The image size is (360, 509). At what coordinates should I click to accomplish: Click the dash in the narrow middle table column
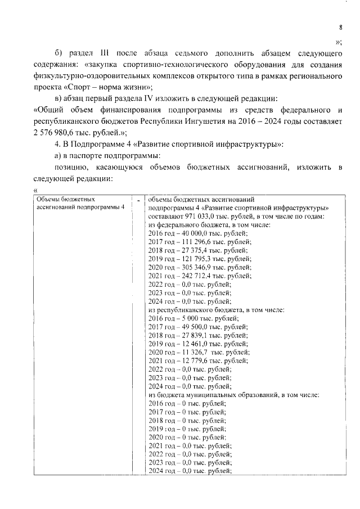tap(138, 200)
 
